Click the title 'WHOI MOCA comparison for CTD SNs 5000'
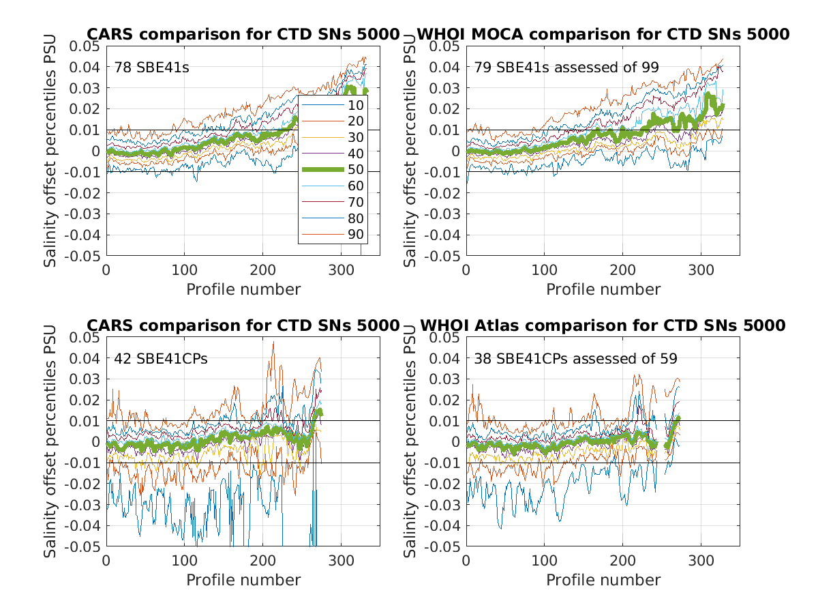point(603,35)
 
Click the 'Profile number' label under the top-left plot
point(243,289)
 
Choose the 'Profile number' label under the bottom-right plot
point(603,580)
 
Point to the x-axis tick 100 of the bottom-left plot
point(185,560)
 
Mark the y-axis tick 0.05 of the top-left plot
point(87,46)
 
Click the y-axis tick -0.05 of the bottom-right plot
point(444,547)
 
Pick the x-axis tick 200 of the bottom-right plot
point(622,560)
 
